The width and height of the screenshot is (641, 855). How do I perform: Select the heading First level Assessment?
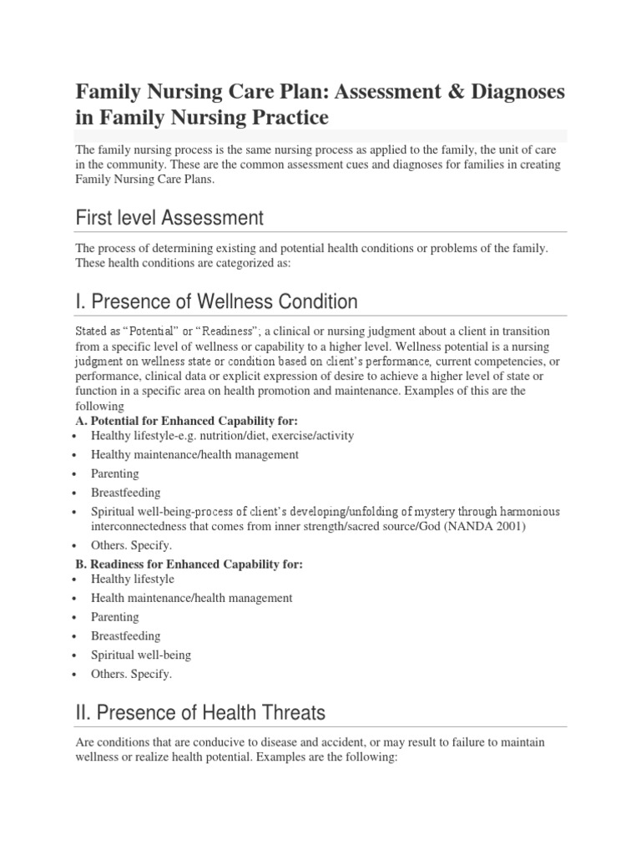pyautogui.click(x=169, y=219)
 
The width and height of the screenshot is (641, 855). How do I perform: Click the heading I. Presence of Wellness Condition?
pyautogui.click(x=216, y=301)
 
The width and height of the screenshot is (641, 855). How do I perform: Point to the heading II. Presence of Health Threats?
pyautogui.click(x=200, y=712)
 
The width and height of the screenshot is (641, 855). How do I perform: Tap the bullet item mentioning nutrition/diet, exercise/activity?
pyautogui.click(x=223, y=436)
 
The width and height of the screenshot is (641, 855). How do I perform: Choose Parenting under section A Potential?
pyautogui.click(x=115, y=473)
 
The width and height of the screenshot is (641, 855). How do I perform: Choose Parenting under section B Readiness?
pyautogui.click(x=115, y=617)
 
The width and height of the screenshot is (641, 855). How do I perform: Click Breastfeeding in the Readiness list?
pyautogui.click(x=126, y=636)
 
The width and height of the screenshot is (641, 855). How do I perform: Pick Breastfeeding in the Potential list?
pyautogui.click(x=126, y=493)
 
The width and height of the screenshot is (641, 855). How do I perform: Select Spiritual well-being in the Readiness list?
pyautogui.click(x=141, y=655)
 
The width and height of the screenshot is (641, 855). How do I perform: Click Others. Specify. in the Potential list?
pyautogui.click(x=131, y=546)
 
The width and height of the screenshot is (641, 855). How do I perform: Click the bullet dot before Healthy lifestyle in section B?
pyautogui.click(x=77, y=579)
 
